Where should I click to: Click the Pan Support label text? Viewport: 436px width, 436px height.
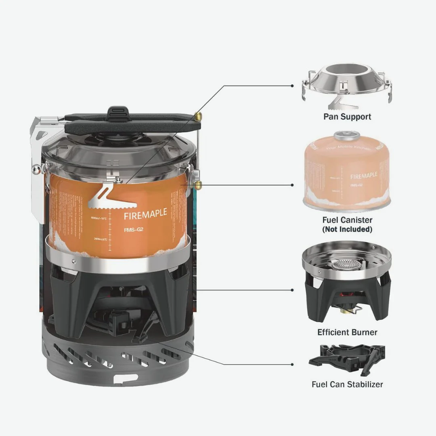tap(347, 117)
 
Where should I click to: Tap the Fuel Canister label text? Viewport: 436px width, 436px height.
tap(347, 220)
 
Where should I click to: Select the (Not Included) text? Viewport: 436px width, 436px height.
tap(347, 229)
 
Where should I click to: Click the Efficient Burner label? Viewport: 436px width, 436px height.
tap(347, 332)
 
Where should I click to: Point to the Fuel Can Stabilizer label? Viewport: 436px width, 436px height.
tap(347, 384)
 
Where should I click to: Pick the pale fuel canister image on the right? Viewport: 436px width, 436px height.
tap(346, 172)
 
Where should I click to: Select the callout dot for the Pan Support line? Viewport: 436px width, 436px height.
tap(292, 86)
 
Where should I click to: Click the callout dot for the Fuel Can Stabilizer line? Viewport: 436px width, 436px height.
tap(292, 364)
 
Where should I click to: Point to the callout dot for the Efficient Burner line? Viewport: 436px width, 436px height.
tap(292, 290)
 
